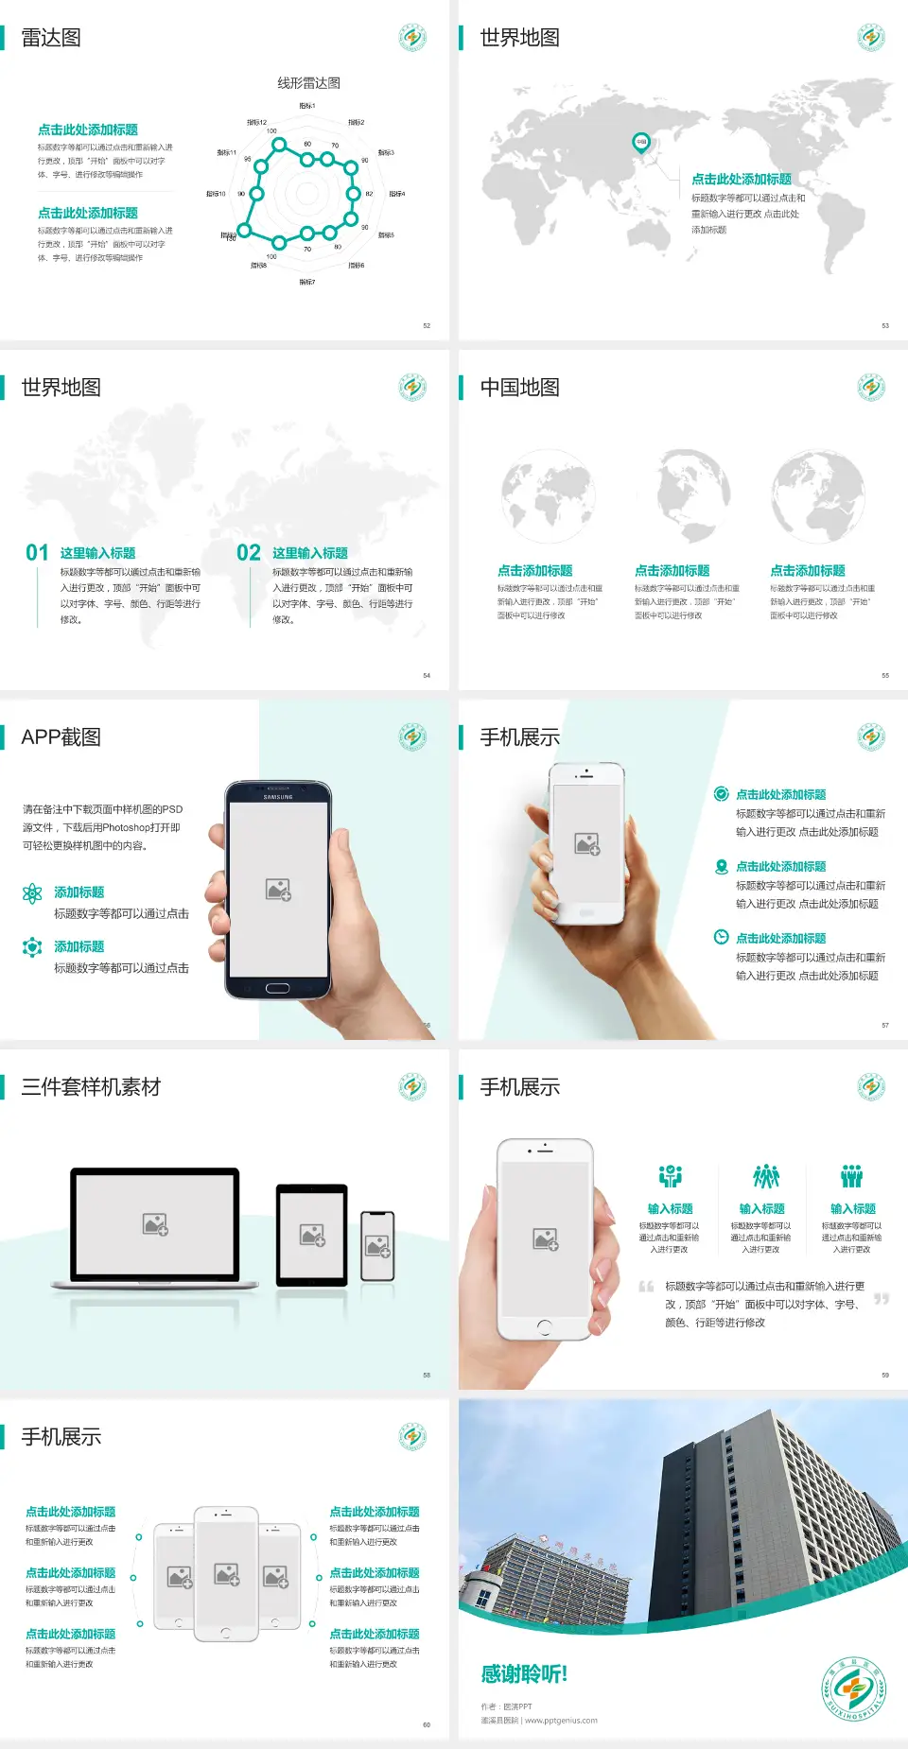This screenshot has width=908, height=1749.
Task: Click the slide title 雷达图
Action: coord(51,38)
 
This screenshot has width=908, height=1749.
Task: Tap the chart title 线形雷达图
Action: coord(308,83)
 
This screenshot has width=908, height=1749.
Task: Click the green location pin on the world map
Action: coord(640,143)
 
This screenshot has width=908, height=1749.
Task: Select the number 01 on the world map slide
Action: coord(37,552)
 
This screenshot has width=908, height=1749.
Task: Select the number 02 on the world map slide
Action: coord(249,552)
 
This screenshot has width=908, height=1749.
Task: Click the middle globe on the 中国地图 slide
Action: coord(693,495)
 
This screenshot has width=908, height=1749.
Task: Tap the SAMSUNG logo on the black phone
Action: coord(278,797)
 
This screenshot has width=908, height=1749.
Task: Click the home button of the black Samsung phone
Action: coord(277,988)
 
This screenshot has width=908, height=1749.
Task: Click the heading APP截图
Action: coord(61,737)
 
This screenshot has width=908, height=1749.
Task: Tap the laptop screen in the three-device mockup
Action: coord(155,1223)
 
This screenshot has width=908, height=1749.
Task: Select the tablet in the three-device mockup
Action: coord(312,1234)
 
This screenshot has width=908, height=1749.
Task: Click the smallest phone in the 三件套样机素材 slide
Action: coord(377,1246)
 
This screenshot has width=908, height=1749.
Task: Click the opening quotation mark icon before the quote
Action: coord(646,1287)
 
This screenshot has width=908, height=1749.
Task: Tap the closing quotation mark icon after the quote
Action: coord(882,1299)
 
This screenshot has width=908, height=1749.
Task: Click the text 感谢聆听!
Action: coord(524,1674)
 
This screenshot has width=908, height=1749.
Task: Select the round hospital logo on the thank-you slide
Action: coord(853,1688)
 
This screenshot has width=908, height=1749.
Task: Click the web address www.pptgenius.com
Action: coord(561,1721)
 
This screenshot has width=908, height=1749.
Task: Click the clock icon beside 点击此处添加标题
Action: coord(721,937)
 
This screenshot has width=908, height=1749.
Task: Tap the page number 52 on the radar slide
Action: coord(427,325)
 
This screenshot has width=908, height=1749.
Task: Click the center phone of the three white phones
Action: coord(226,1573)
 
